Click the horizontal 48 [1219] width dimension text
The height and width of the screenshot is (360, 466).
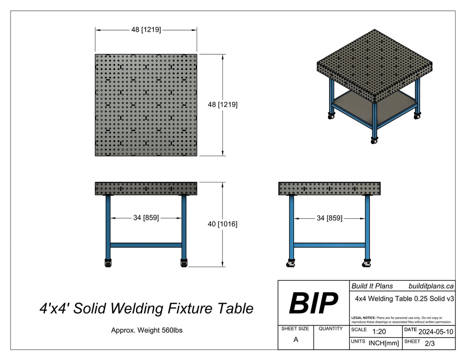[x=146, y=30]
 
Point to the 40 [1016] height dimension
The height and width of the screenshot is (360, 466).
[x=223, y=224]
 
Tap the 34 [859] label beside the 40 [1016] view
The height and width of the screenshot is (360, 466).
[x=146, y=218]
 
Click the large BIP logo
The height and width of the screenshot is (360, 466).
[x=313, y=303]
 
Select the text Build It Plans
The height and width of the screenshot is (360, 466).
[x=372, y=286]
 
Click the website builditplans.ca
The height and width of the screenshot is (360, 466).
[x=431, y=286]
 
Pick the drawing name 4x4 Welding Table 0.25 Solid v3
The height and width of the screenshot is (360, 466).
[x=404, y=299]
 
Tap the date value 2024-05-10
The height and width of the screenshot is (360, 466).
[x=435, y=332]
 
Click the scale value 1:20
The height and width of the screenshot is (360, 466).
[x=379, y=332]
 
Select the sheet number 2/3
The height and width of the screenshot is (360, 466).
[x=429, y=344]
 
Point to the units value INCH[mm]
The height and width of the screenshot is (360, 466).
[x=383, y=344]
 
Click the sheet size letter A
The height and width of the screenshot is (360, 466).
[x=296, y=340]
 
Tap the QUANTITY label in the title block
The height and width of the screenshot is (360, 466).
[x=331, y=329]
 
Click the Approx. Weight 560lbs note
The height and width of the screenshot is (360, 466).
[x=147, y=330]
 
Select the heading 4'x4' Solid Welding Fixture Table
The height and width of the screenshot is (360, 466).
[x=146, y=309]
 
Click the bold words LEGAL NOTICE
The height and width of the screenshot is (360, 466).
[x=364, y=317]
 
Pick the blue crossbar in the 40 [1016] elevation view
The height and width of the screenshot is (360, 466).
[x=146, y=245]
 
